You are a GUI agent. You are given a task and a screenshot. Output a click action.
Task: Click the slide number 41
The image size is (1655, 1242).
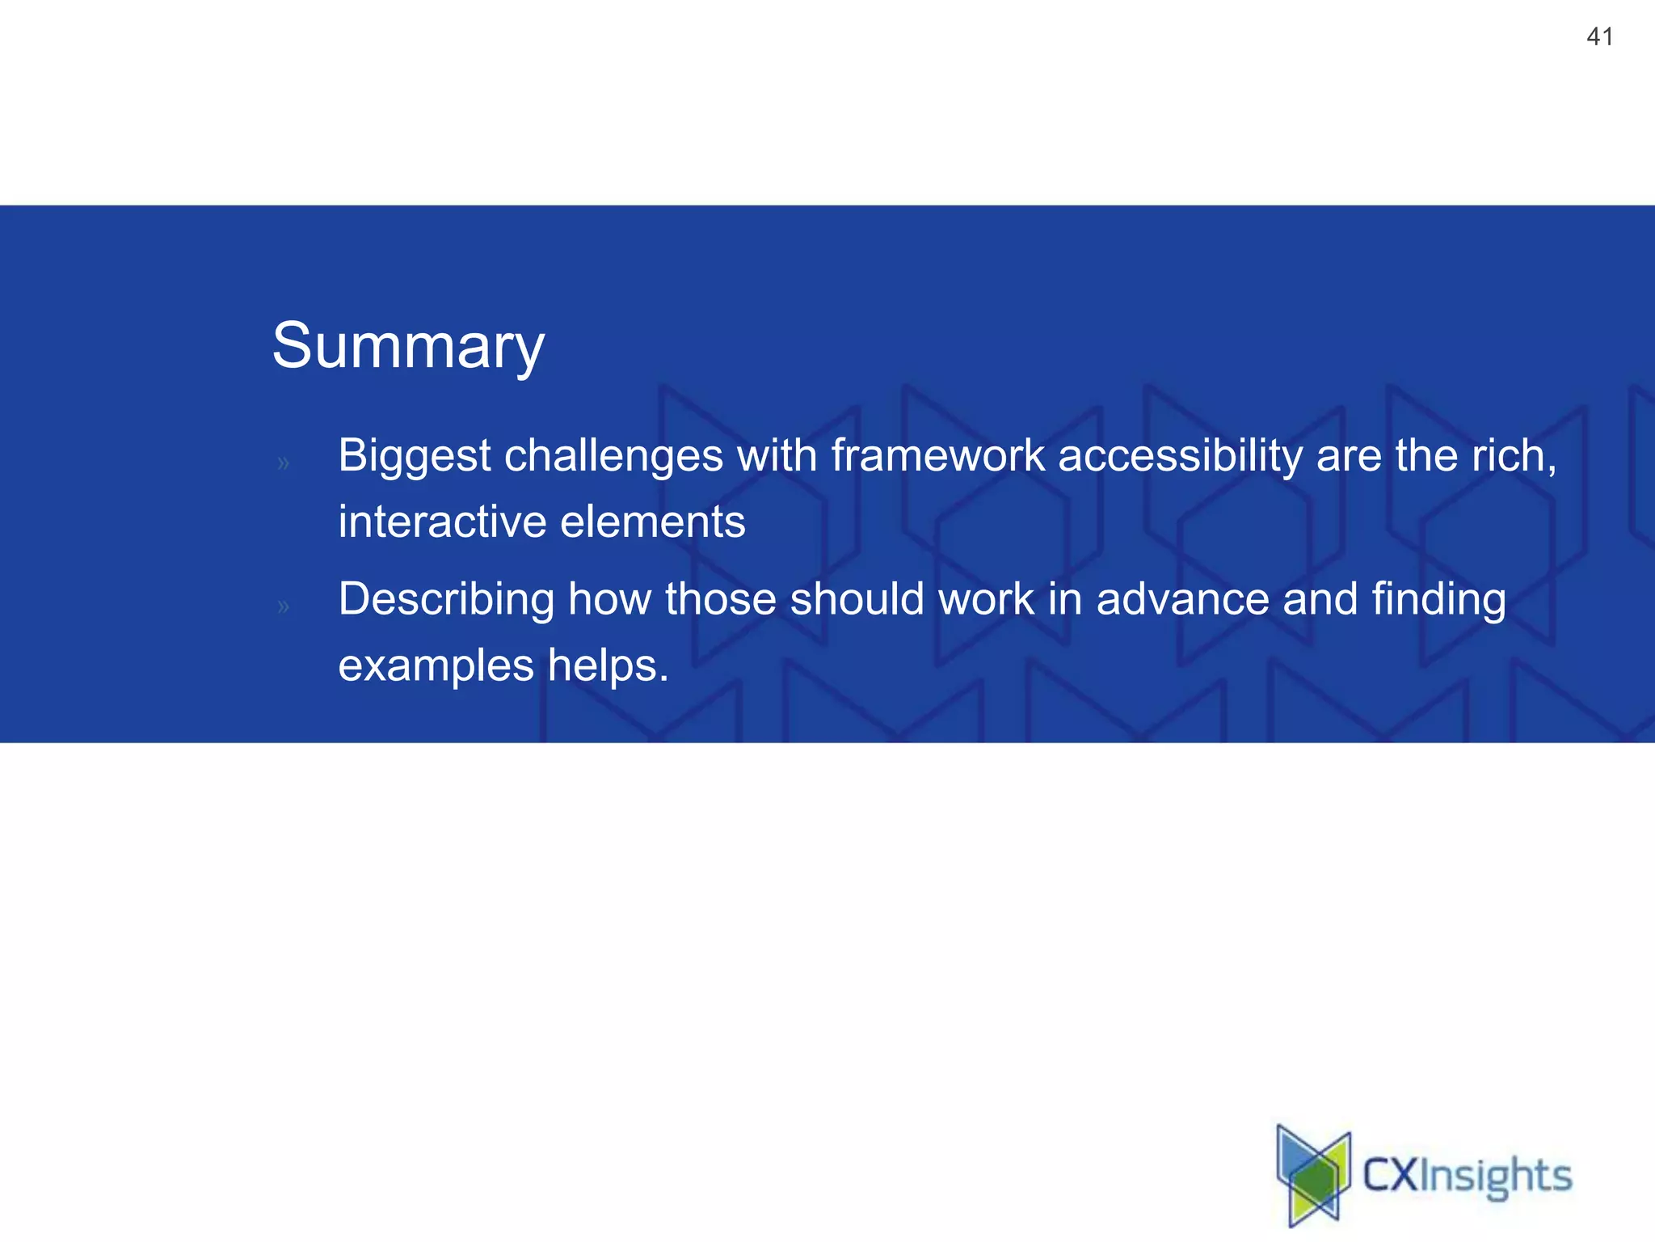click(1599, 36)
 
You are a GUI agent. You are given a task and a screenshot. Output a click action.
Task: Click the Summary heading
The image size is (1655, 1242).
click(408, 346)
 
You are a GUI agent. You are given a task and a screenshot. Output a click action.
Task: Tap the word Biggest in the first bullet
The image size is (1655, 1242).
click(414, 455)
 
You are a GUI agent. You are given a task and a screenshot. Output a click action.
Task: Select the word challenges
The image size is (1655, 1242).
click(613, 455)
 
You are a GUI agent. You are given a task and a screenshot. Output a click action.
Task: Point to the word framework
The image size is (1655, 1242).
click(937, 455)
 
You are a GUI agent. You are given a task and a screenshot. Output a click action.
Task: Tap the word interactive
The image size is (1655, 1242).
click(442, 522)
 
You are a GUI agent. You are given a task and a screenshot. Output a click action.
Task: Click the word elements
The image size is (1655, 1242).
click(652, 522)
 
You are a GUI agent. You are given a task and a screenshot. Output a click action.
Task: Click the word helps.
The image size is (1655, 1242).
click(608, 665)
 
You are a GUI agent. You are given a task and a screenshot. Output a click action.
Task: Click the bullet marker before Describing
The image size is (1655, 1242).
click(283, 606)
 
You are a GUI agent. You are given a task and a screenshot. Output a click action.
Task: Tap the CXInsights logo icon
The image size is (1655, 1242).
click(1313, 1175)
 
